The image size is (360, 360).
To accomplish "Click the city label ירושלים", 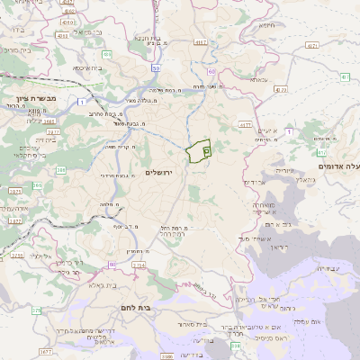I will tap(163, 172).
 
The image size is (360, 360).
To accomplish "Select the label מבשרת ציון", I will tap(29, 96).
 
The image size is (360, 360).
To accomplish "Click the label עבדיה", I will tap(328, 267).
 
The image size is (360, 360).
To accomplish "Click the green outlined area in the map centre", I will tap(197, 152).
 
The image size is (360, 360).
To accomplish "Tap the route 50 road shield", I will tap(156, 67).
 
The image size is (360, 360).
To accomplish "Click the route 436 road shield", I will tap(108, 55).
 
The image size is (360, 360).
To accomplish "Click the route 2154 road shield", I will tap(138, 265).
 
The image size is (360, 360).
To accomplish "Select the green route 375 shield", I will tap(37, 310).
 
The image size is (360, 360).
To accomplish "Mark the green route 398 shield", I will tap(235, 344).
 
